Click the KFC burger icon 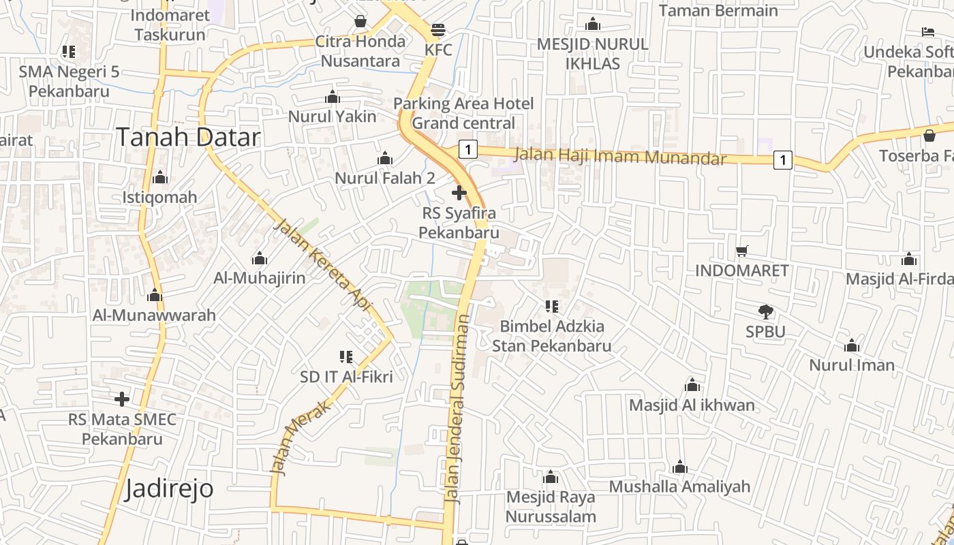point(437,30)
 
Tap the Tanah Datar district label point(188,137)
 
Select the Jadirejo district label point(169,488)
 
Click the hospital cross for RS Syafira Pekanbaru point(459,193)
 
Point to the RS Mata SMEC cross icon point(122,399)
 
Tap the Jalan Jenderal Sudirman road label point(457,409)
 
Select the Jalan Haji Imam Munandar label point(620,156)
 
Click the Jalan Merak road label point(300,437)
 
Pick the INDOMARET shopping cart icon point(742,251)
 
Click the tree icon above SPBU point(766,312)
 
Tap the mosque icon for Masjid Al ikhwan point(692,385)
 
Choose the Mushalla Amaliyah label point(679,486)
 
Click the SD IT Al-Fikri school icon point(346,356)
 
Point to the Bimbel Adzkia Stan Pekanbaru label point(551,336)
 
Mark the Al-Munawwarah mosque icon point(155,295)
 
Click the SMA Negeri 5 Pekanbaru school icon point(69,51)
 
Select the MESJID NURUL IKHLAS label point(592,54)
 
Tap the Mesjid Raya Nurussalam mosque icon point(551,477)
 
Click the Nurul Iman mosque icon point(852,345)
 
